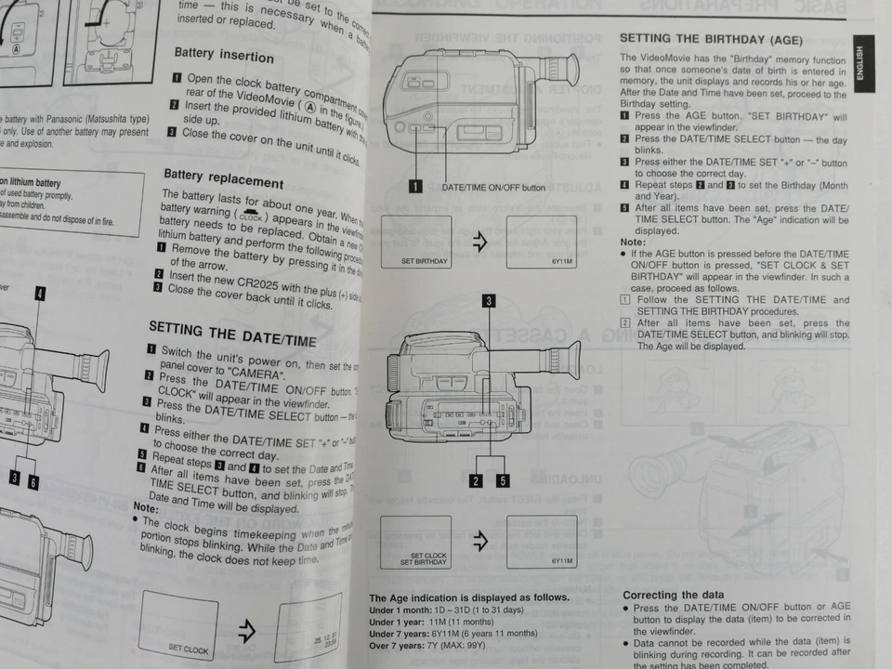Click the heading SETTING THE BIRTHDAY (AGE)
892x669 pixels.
point(711,40)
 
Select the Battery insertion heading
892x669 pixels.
point(224,56)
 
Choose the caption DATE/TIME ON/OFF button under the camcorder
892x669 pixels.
point(493,187)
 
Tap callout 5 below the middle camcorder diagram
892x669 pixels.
point(502,480)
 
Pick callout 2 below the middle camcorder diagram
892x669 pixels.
point(476,480)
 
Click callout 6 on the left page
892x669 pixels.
point(33,480)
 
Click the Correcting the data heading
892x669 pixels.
point(673,595)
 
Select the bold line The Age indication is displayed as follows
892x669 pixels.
point(468,597)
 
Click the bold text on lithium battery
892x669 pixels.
point(32,183)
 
